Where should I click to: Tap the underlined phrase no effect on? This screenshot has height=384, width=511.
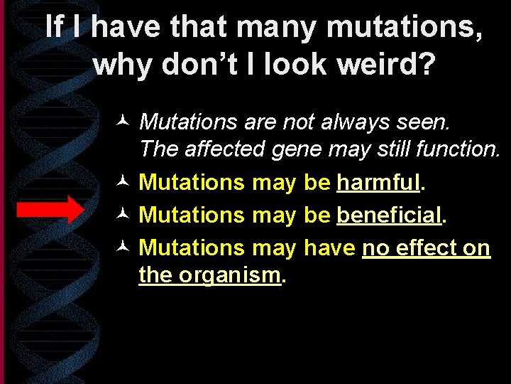(426, 247)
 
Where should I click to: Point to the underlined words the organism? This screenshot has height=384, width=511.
(210, 274)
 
